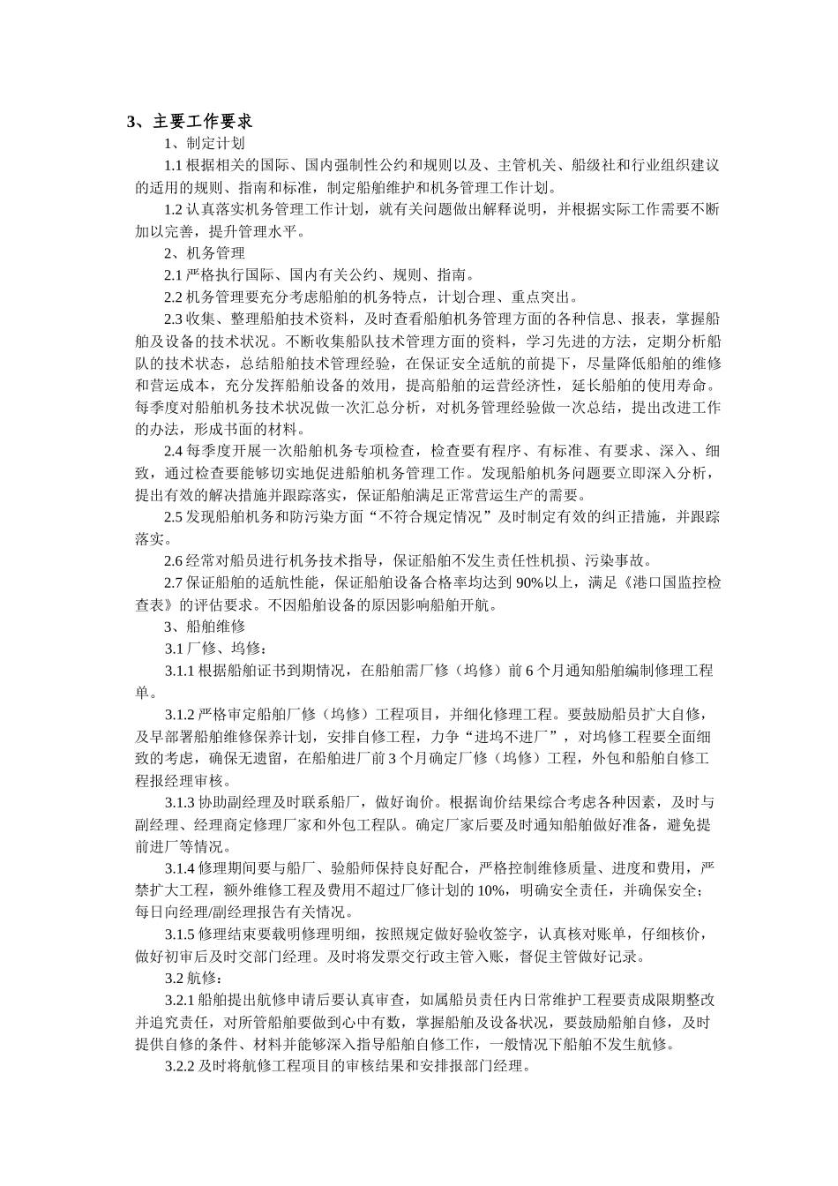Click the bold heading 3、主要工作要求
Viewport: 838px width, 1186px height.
pos(190,121)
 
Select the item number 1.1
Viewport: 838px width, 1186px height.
pos(173,165)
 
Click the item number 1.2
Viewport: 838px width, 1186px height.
pos(173,209)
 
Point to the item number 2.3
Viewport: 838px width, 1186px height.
pos(173,319)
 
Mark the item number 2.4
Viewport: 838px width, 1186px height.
pos(173,451)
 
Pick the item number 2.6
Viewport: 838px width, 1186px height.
pos(173,560)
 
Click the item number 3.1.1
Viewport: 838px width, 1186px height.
pos(179,671)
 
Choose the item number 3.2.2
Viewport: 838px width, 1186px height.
pos(179,1066)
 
